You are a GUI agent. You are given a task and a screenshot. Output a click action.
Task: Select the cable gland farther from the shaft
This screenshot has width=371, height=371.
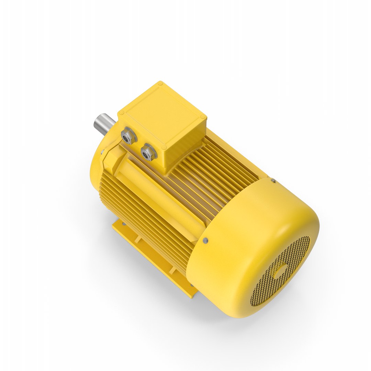[x=148, y=152]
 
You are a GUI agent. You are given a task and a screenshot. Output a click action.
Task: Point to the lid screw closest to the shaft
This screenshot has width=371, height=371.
[x=121, y=113]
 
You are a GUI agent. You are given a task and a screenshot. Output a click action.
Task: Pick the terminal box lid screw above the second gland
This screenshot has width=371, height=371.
[x=163, y=147]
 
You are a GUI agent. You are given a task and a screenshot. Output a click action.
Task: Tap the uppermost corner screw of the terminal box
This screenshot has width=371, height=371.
[x=160, y=83]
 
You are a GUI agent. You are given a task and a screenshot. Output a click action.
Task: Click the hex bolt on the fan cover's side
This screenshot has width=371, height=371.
[x=205, y=240]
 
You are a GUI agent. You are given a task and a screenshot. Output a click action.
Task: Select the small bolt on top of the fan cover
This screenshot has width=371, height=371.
[x=273, y=180]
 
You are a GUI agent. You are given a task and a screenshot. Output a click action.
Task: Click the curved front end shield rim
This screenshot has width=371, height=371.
[x=94, y=165]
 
